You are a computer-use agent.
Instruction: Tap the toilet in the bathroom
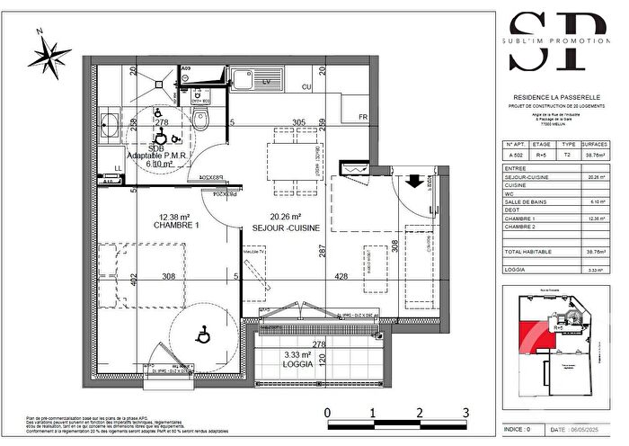point(202,118)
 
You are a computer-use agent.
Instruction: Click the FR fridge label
point(363,117)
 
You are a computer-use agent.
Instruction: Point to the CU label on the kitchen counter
point(306,87)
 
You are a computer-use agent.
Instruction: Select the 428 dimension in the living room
point(342,277)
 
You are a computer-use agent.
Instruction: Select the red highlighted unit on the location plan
point(537,334)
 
